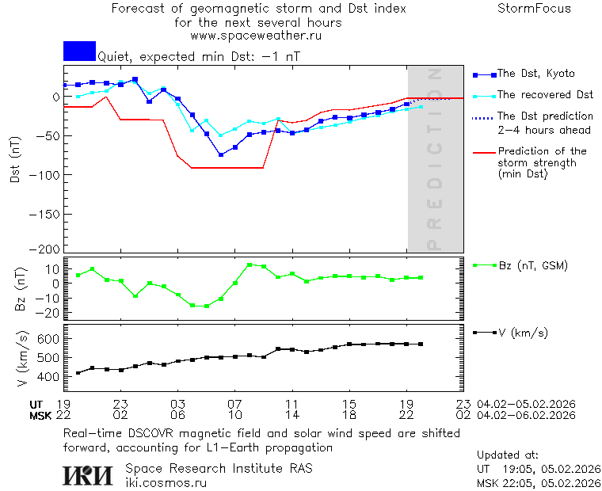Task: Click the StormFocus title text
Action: pos(534,9)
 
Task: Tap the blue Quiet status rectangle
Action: pos(79,51)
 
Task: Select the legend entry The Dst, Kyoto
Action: pos(535,74)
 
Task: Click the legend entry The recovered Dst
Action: pos(545,95)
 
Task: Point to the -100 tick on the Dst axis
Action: pos(46,174)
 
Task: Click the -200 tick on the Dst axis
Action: pos(46,249)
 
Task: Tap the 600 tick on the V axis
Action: pos(49,339)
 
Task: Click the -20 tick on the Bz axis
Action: pos(49,313)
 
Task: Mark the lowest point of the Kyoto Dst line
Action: pos(221,154)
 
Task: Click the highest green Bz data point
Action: pos(250,265)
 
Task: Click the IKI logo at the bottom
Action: pos(88,475)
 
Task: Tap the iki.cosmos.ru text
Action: pos(166,482)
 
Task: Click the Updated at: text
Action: pos(508,455)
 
